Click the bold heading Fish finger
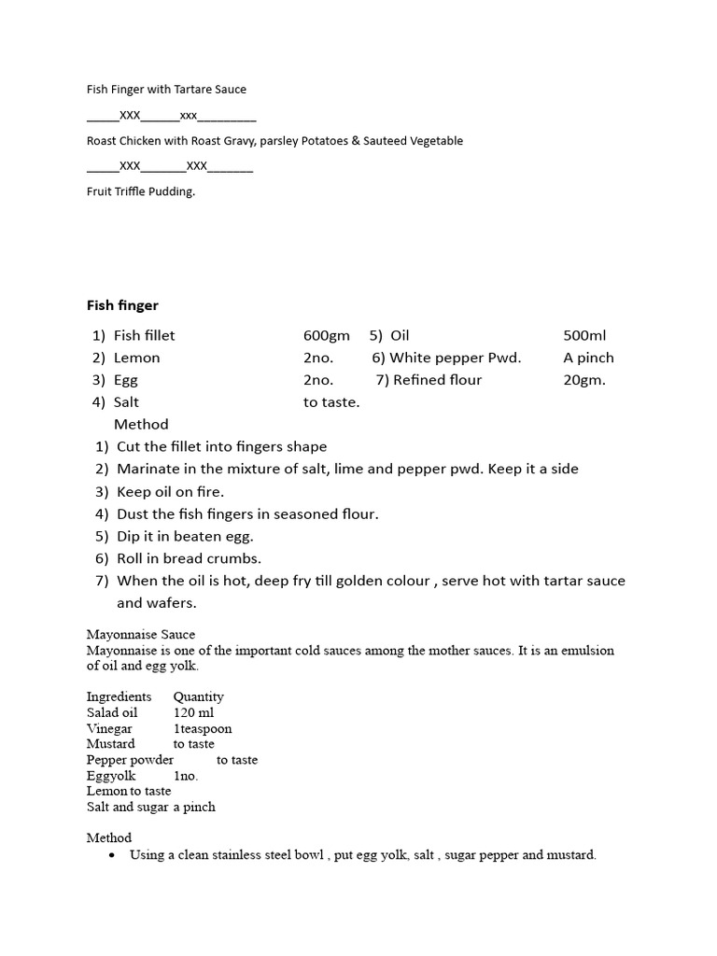coord(122,305)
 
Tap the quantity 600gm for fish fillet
coord(326,335)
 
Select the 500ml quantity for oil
coord(585,335)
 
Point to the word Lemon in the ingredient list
coord(136,358)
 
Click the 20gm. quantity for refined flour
coord(584,380)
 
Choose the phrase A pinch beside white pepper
coord(588,358)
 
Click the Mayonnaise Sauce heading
coord(141,635)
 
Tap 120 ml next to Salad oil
coord(193,712)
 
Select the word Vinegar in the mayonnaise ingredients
coord(109,728)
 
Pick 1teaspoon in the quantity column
coord(203,728)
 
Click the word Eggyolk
coord(111,776)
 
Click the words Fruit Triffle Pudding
coord(141,192)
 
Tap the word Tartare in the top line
coord(196,90)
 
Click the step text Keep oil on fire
coord(170,491)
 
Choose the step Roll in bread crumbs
coord(189,558)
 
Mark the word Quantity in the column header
coord(198,696)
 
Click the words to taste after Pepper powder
coord(236,760)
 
